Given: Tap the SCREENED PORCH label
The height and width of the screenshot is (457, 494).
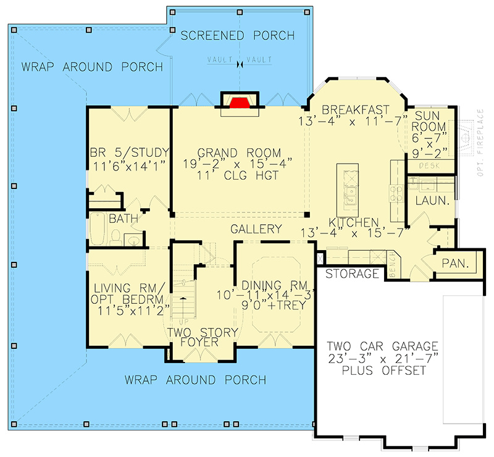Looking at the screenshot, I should tap(238, 36).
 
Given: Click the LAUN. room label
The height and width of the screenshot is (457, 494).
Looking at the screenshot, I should tap(431, 201).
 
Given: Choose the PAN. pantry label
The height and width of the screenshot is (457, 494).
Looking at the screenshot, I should tap(456, 264).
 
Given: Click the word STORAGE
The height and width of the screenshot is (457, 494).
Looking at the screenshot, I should tap(351, 274).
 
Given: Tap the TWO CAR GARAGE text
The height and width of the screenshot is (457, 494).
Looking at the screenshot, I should tap(382, 346).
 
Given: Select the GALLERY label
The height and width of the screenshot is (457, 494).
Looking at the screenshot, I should tap(256, 229).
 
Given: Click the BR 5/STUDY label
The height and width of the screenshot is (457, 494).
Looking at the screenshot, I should tap(128, 153).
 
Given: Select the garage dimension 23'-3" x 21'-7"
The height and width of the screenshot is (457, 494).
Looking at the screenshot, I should tap(382, 358).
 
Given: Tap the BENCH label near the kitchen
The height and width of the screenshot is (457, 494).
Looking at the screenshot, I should tap(391, 265).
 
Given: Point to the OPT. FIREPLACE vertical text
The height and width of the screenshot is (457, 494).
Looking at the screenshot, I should tap(481, 143).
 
